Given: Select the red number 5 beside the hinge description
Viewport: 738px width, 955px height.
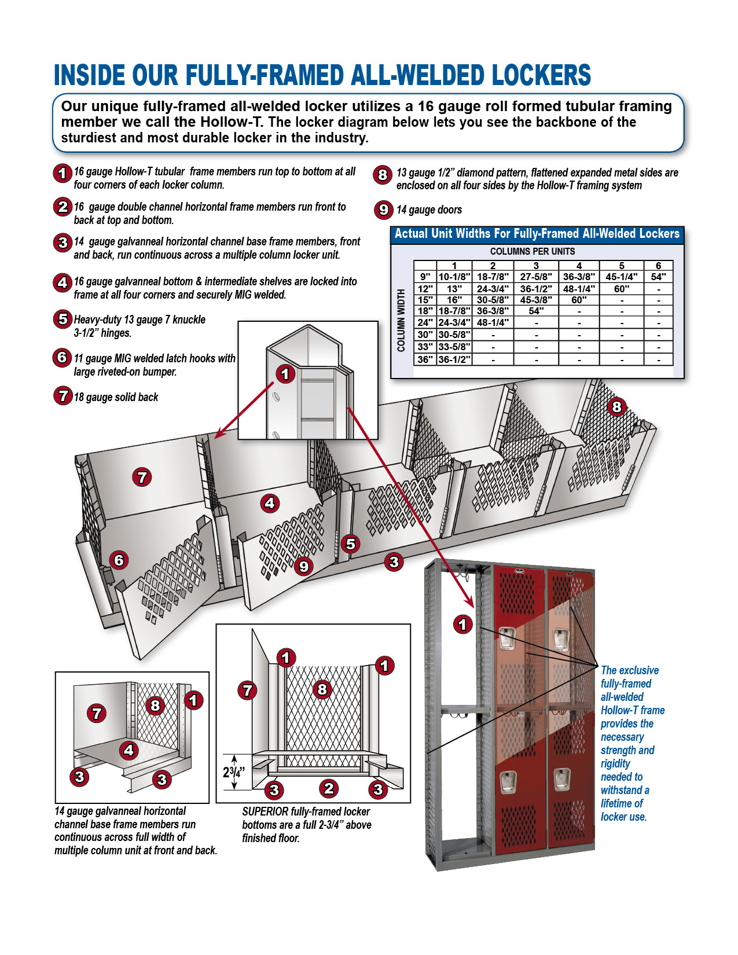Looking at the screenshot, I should point(63,319).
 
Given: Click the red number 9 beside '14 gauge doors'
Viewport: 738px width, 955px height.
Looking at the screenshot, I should point(383,210).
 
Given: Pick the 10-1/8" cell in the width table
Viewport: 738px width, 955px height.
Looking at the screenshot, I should point(454,277).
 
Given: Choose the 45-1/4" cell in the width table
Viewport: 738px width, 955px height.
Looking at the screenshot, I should point(621,277).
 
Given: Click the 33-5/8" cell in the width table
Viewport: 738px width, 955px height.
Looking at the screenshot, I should point(454,347).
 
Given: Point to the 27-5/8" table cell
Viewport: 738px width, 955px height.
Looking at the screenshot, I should point(536,277).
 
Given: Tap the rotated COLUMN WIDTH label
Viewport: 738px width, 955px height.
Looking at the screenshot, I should point(401,321).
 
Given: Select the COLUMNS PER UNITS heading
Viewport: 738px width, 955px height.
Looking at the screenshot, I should point(533,252).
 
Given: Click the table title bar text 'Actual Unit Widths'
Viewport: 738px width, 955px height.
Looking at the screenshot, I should point(440,234).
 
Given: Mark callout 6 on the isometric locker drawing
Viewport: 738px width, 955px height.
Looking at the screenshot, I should point(119,560).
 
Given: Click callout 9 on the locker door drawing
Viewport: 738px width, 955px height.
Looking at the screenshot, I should point(304,566).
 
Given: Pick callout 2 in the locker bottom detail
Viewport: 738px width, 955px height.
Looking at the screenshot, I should point(329,788).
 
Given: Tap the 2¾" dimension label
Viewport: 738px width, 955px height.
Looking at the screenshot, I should point(234,772).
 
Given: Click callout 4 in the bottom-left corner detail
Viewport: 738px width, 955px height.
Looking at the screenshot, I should point(128,750).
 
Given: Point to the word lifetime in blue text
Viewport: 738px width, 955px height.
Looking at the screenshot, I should point(622,803).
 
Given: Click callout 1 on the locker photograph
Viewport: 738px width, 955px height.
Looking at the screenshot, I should point(462,625).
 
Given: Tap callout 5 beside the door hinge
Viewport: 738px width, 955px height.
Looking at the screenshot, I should point(350,543).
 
